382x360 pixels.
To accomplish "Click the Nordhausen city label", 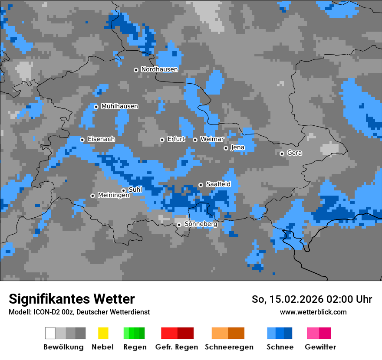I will coord(159,69).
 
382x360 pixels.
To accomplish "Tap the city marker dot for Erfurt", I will coord(162,140).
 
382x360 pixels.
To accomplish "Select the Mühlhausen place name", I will coord(119,106).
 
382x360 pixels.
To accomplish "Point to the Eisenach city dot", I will coord(82,140).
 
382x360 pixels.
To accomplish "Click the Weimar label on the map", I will coord(212,139).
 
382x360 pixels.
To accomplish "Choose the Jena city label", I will coord(237,147).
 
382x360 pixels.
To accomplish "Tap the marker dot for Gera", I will coord(282,154).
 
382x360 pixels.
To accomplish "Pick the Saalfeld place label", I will coord(218,184).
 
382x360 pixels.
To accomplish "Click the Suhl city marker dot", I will coord(123,190).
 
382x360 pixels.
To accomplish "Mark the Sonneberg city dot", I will coord(179,225).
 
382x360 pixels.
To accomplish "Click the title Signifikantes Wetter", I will coord(72,299).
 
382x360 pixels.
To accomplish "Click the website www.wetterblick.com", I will coord(313,312).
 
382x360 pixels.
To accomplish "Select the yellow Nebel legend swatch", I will coord(103,333).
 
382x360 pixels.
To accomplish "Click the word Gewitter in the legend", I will coord(320,347).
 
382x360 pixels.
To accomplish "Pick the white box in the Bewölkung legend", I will coord(50,333).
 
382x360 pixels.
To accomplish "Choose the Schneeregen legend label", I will coord(229,347).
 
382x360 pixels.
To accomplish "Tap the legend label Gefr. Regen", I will coord(176,347).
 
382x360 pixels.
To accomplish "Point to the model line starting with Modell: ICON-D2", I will coord(79,312).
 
